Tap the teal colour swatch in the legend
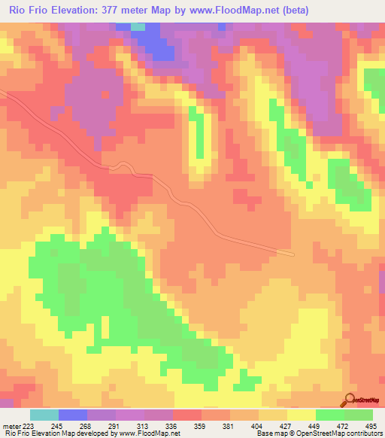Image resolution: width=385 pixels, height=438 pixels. pos(44,415)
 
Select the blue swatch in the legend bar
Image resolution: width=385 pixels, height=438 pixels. pos(72,415)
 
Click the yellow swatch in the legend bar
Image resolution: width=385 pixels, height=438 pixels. pos(301,415)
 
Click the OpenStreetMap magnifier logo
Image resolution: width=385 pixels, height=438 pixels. pos(350,399)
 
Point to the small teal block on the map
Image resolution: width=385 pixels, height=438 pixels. pos(138,26)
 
